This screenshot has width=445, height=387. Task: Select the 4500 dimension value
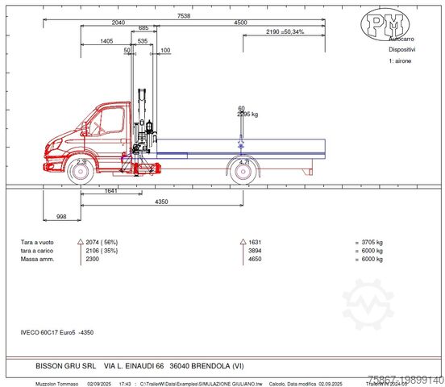click(x=239, y=23)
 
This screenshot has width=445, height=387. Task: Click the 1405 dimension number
click(x=106, y=40)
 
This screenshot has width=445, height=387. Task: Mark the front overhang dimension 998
click(x=61, y=217)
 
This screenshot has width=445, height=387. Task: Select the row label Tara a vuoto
click(x=39, y=241)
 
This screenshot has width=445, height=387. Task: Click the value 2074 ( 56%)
click(x=102, y=241)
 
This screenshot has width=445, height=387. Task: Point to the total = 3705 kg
click(x=373, y=241)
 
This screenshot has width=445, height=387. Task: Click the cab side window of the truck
click(x=111, y=119)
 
